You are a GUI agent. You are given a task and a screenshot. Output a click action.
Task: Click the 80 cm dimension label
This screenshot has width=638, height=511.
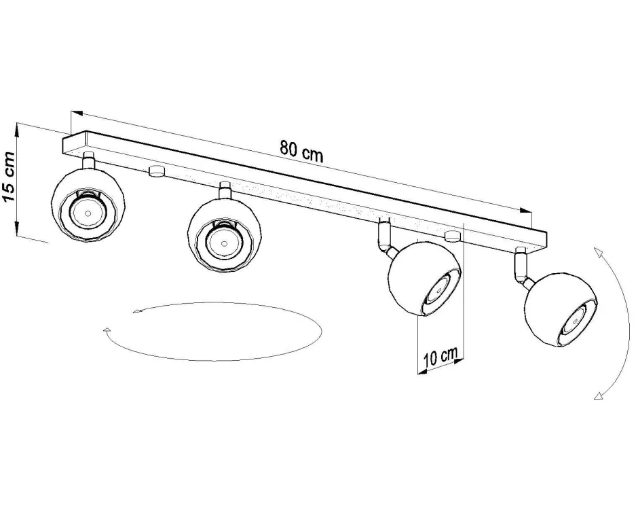click(x=301, y=151)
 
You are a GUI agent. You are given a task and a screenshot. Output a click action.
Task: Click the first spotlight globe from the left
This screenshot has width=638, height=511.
click(x=90, y=204)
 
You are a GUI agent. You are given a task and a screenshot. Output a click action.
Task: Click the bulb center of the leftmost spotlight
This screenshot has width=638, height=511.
click(x=88, y=212)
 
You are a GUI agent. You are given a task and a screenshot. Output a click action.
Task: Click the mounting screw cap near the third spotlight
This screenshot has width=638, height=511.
click(x=451, y=236)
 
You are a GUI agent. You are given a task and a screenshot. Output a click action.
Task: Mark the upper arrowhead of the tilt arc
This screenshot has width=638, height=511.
click(x=597, y=252)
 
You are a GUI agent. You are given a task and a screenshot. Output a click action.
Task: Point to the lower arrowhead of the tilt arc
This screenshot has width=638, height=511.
click(x=597, y=395)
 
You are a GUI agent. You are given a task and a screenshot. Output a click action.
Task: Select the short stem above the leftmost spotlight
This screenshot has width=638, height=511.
click(x=88, y=160)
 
